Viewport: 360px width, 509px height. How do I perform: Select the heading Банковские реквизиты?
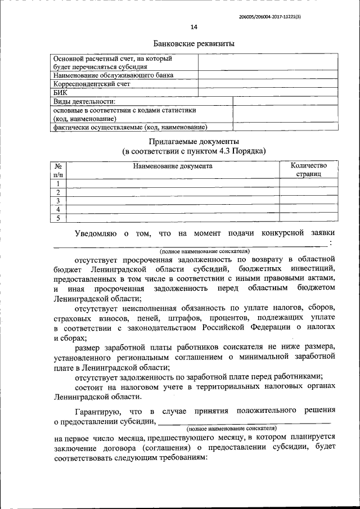tap(194, 43)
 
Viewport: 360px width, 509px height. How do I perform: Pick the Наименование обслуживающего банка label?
tap(113, 75)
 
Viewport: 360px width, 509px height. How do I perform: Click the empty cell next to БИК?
tap(268, 92)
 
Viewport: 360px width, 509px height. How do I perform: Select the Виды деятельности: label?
tap(84, 101)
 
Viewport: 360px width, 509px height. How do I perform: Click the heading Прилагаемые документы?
tap(194, 142)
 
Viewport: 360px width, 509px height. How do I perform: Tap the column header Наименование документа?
tap(173, 166)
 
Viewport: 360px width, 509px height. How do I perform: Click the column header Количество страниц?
tap(308, 170)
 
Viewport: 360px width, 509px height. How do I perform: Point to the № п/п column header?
tap(58, 170)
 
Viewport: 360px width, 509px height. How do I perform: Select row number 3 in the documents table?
tap(58, 201)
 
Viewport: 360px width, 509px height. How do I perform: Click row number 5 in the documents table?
tap(58, 218)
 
